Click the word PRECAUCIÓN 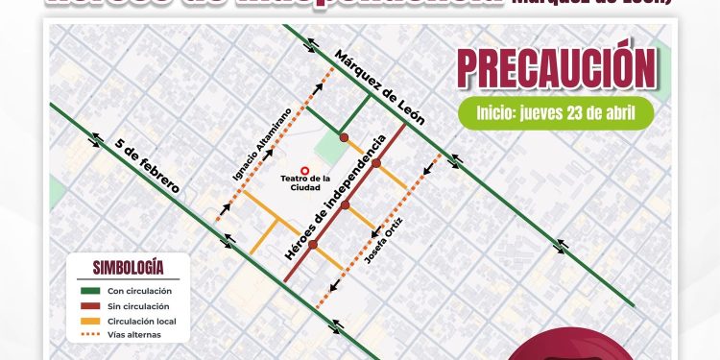click(x=549, y=68)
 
